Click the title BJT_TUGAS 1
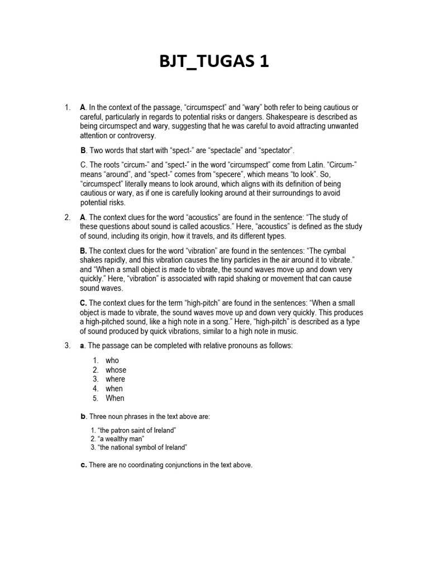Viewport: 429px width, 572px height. point(214,61)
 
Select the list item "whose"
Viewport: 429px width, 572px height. point(116,370)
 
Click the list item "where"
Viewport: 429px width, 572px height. point(115,379)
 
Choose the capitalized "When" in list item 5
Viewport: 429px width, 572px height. point(115,398)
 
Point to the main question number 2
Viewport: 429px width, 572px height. point(67,217)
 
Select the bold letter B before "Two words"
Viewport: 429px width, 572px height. point(83,150)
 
